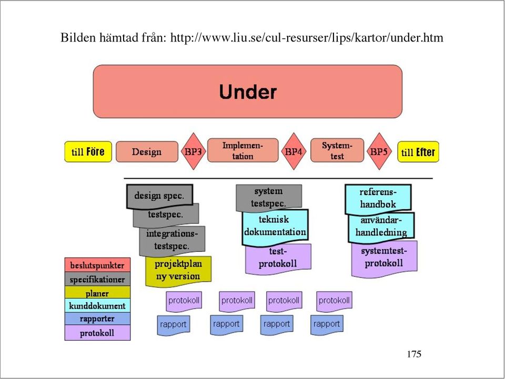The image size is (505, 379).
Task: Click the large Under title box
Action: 247,91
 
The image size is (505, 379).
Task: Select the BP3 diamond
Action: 193,151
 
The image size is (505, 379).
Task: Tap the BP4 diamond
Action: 294,151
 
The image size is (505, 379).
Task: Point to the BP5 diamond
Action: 379,151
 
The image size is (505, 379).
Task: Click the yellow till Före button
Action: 88,151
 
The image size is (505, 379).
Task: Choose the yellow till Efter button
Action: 418,151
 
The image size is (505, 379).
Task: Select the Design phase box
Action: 147,151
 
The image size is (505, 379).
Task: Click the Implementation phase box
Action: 243,150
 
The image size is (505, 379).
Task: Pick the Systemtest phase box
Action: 337,150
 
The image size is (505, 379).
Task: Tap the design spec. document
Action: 160,196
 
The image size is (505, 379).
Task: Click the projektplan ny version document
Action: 178,271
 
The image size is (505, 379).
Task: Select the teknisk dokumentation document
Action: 275,226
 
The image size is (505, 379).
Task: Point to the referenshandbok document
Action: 378,198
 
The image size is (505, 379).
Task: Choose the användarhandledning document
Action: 381,227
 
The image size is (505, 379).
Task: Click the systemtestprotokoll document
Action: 384,258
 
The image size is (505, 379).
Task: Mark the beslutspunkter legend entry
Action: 98,265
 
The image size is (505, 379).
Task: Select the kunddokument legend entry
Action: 98,305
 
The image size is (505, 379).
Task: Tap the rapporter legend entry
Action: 98,319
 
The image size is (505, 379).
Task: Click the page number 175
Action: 414,354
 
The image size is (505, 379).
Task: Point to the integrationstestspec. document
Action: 172,240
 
